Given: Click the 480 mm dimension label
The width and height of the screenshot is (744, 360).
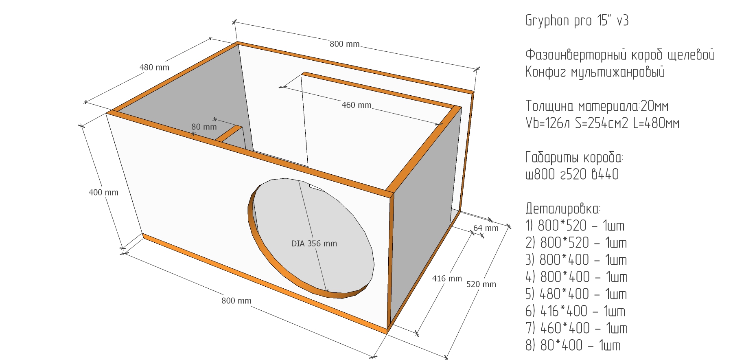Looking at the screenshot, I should [x=154, y=68].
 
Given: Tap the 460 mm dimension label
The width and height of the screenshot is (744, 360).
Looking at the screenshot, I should [x=357, y=105].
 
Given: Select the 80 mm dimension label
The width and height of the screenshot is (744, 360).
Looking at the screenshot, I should [x=204, y=127].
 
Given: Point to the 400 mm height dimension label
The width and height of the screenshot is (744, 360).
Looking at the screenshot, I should [x=103, y=193].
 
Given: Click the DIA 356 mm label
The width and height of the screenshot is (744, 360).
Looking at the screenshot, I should [x=314, y=244].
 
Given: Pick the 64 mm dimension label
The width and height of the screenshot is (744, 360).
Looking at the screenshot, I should [x=486, y=228].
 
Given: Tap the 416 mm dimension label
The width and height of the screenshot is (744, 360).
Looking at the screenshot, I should [x=447, y=279].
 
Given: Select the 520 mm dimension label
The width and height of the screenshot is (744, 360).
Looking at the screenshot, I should [x=481, y=284].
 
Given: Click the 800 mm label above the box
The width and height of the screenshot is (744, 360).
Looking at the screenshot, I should [x=345, y=44].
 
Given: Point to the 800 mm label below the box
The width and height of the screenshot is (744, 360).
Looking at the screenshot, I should [x=236, y=301].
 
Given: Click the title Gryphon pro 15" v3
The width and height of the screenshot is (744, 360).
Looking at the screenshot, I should [x=577, y=21].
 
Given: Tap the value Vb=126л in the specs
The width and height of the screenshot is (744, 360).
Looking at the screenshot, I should [x=547, y=123].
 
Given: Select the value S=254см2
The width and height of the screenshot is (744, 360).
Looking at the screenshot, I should [x=602, y=123].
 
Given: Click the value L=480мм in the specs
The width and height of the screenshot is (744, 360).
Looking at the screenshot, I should [x=656, y=123].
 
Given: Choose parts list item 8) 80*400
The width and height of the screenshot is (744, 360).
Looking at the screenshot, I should [x=573, y=345].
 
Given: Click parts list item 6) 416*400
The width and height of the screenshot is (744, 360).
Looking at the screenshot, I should [x=575, y=311].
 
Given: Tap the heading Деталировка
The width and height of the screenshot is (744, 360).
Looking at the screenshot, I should [x=562, y=209].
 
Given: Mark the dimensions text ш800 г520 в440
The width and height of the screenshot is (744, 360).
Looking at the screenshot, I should [x=572, y=174].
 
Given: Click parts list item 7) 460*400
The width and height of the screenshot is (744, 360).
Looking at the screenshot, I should [x=576, y=328].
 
